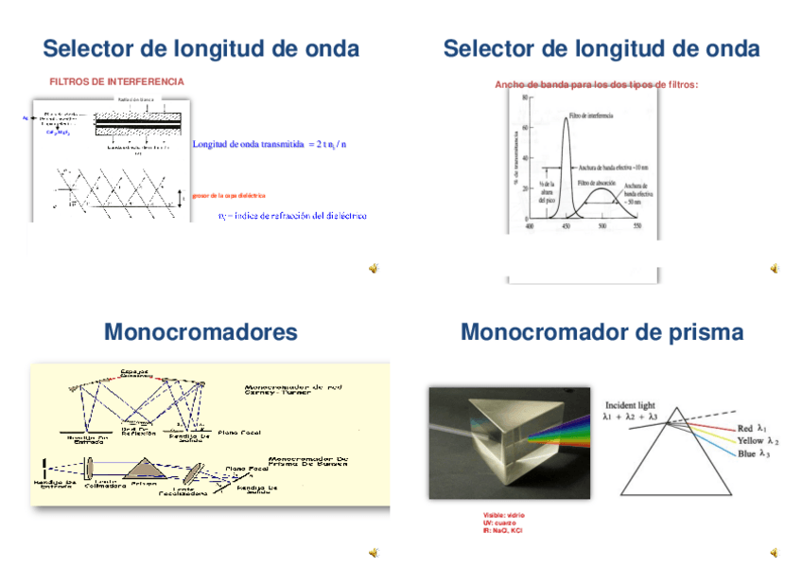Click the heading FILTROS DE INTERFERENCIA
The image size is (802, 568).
point(116,82)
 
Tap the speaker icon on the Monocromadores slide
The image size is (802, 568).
point(374,552)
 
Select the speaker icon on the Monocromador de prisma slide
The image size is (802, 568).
point(775,552)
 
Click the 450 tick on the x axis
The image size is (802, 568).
point(566,227)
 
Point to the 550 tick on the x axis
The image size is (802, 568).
point(637,227)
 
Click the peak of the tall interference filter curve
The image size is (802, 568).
point(567,117)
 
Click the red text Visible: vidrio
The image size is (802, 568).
point(503,515)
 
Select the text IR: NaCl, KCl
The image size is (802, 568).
point(502,530)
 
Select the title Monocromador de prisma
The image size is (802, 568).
point(601,332)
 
